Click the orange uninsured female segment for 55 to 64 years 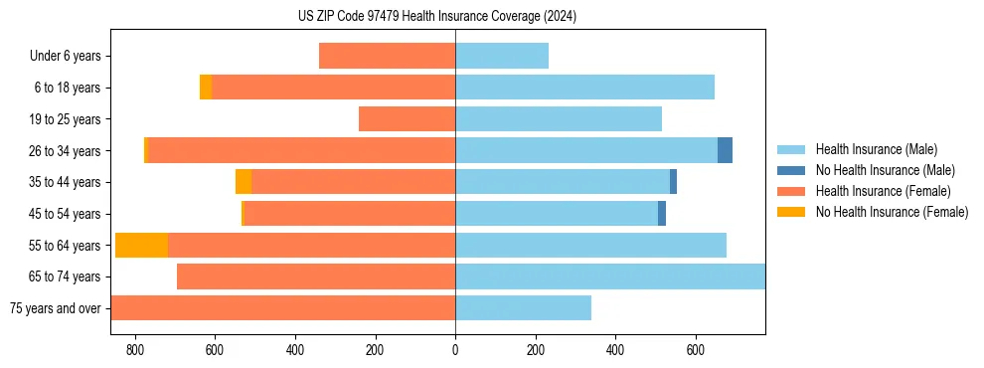click(141, 246)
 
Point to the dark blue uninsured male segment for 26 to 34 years click(725, 150)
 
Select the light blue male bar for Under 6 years click(502, 56)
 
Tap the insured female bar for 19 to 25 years click(407, 119)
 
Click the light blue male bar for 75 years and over click(523, 308)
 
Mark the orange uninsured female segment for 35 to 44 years click(244, 182)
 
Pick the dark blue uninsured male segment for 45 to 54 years click(662, 214)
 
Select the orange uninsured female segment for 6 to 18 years click(206, 88)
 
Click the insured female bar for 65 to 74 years click(316, 276)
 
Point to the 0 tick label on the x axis click(455, 350)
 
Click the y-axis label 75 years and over click(55, 308)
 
